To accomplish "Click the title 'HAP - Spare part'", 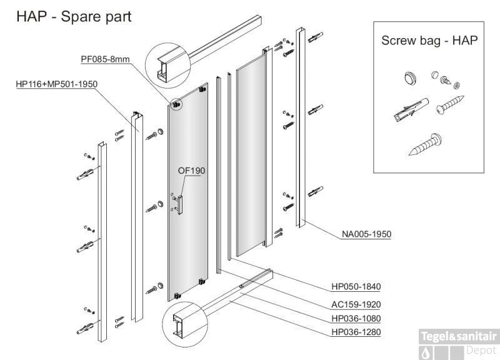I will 74,16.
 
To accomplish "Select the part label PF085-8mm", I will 104,59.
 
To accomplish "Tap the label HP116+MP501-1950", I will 56,84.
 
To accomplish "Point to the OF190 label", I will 192,171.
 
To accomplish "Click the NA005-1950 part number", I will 366,234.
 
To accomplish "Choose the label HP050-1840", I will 356,287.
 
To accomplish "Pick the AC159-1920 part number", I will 356,304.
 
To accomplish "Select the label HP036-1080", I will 356,318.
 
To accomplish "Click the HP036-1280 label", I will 356,332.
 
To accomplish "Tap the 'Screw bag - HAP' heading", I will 429,41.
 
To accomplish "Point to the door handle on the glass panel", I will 179,202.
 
